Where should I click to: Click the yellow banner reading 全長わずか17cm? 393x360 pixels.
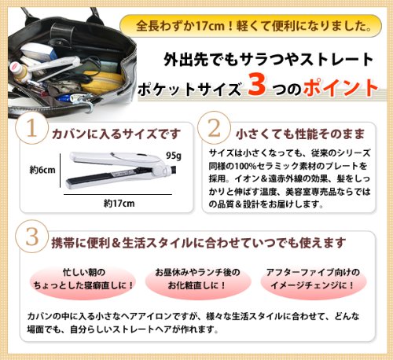point(251,26)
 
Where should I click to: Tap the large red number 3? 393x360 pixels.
point(256,85)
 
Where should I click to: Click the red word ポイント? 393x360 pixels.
point(340,87)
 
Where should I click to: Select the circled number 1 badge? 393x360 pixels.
point(31,128)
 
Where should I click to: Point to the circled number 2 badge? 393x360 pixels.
point(214,127)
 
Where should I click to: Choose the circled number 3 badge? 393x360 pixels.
point(31,237)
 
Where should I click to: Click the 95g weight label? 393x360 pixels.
point(174,156)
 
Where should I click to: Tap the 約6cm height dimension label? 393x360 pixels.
point(42,170)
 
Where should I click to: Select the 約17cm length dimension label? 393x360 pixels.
point(119,204)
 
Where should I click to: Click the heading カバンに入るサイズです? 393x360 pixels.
point(116,134)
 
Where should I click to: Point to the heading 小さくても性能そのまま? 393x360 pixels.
point(300,134)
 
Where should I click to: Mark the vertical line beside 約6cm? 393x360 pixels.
point(61,171)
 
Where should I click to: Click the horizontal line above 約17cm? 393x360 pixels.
point(118,194)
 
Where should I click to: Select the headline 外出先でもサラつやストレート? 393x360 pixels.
point(268,59)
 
